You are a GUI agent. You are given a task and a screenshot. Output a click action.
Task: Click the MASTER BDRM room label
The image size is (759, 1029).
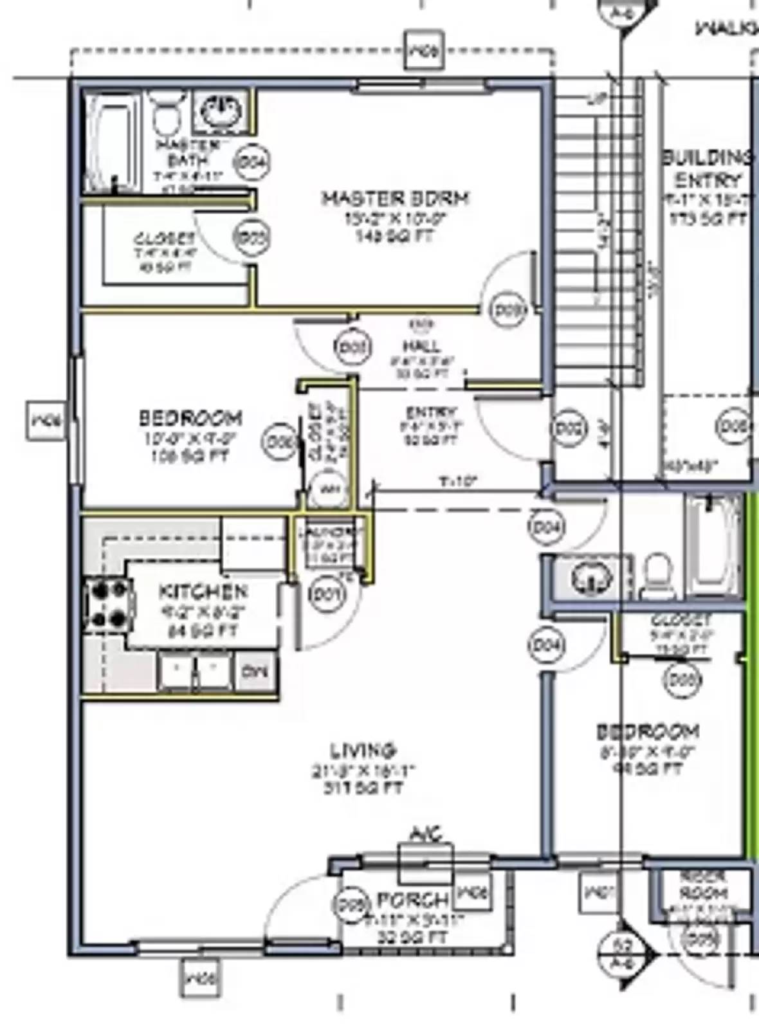(x=395, y=197)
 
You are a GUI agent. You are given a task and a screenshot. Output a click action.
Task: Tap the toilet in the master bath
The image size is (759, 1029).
(x=167, y=114)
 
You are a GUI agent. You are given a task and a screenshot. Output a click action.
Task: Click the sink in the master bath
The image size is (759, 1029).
(x=220, y=112)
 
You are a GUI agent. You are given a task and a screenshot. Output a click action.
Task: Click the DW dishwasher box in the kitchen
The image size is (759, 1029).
(x=255, y=671)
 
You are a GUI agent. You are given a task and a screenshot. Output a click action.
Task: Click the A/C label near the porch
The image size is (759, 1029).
(x=426, y=835)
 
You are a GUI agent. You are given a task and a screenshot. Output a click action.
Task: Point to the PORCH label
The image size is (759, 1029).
(x=412, y=900)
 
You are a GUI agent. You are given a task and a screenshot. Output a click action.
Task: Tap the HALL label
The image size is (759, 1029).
(x=422, y=347)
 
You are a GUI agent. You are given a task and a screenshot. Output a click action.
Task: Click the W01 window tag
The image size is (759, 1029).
(x=598, y=893)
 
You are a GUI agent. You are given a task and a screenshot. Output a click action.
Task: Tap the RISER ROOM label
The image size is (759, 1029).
(x=704, y=886)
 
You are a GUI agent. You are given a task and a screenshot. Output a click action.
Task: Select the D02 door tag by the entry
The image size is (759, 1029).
(x=569, y=429)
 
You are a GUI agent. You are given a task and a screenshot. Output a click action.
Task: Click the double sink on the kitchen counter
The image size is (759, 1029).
(x=194, y=672)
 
